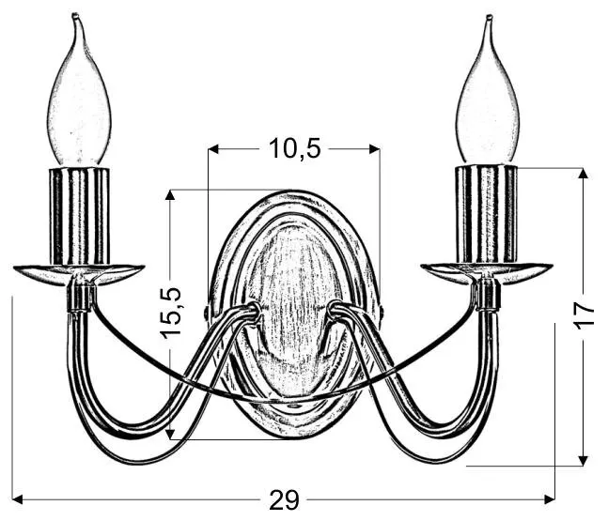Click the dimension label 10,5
295,148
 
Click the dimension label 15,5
171,313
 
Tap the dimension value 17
584,316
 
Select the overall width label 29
284,499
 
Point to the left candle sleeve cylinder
79,217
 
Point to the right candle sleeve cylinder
486,214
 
